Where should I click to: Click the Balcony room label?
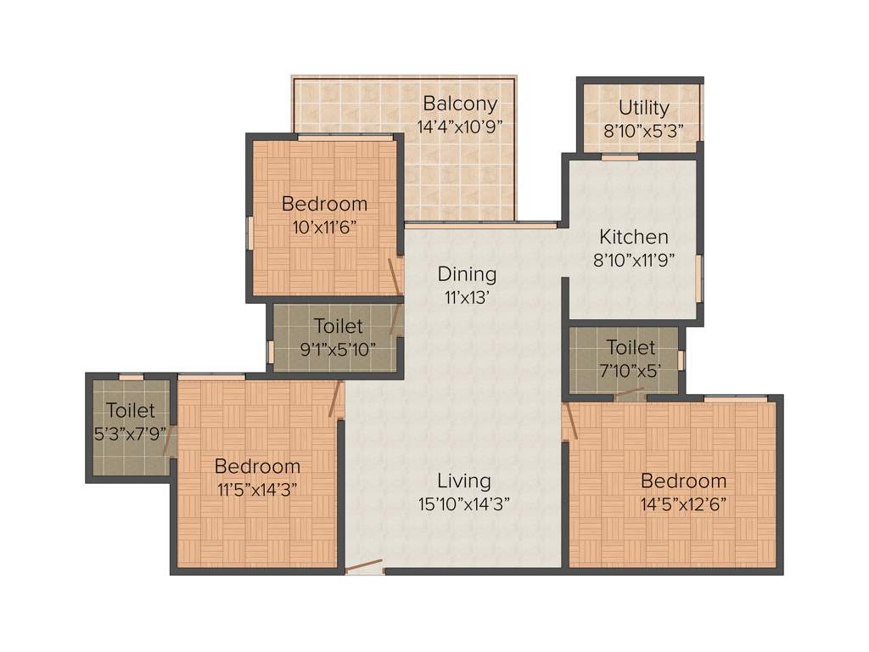(460, 104)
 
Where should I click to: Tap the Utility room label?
(643, 108)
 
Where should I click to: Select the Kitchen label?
(634, 237)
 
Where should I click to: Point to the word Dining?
(467, 274)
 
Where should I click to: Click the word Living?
(464, 481)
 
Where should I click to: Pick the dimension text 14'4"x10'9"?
(460, 127)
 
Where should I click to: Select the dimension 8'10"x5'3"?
(643, 131)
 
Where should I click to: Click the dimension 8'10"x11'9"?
(634, 260)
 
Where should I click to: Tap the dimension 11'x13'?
(467, 297)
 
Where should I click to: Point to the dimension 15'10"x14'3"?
(464, 503)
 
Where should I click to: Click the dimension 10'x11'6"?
(325, 227)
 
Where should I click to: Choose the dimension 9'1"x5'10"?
(338, 348)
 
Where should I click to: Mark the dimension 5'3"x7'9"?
(131, 434)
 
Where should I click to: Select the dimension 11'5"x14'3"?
(257, 489)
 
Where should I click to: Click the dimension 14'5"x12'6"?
(683, 503)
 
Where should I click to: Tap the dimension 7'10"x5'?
(631, 370)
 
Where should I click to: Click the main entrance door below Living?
(365, 566)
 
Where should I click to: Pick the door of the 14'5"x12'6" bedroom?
(570, 421)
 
